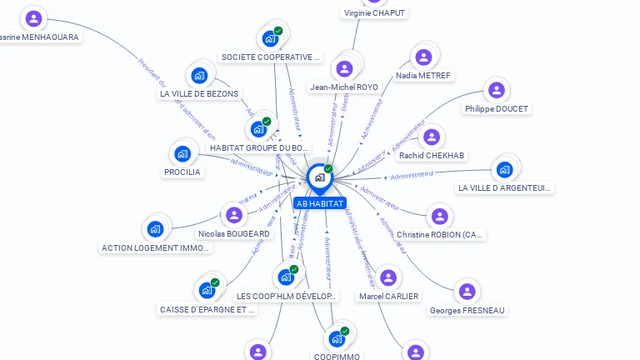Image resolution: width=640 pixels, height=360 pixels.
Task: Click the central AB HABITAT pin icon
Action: (x=319, y=177)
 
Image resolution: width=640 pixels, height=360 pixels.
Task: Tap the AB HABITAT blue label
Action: (x=320, y=203)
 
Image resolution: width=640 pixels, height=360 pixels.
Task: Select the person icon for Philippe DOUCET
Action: (x=497, y=90)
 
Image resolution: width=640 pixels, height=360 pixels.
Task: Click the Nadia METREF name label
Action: (x=423, y=76)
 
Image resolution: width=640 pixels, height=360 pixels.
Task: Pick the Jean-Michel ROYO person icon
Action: (x=344, y=68)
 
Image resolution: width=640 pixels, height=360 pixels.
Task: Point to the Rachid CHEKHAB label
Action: (x=432, y=155)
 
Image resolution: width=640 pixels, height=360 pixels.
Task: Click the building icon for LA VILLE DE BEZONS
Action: (x=199, y=76)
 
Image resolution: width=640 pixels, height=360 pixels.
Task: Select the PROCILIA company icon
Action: (x=182, y=153)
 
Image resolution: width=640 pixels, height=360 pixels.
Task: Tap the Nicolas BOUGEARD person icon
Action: (x=234, y=216)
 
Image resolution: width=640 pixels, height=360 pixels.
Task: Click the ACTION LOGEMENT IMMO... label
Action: (x=155, y=247)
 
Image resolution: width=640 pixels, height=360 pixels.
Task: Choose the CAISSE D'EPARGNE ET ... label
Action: (x=207, y=309)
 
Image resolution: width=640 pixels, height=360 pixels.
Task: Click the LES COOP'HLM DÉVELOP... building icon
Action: (x=286, y=277)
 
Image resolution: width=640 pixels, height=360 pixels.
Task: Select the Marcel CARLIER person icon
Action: (x=388, y=277)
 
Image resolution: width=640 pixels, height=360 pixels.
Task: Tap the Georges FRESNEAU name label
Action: (x=467, y=310)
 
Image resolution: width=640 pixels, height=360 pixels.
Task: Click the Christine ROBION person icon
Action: (x=439, y=217)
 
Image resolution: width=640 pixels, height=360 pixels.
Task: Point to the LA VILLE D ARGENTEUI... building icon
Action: (x=504, y=170)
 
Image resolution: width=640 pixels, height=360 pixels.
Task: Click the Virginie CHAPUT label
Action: (x=374, y=12)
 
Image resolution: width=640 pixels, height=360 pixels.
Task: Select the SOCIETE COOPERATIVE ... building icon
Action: (x=269, y=38)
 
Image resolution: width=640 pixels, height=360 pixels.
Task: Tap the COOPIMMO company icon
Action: (x=337, y=338)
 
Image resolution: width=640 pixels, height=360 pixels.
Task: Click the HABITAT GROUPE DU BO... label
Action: (x=259, y=147)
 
